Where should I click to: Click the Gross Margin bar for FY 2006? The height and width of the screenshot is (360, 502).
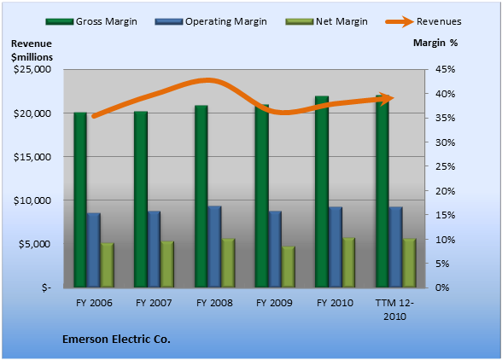(80, 200)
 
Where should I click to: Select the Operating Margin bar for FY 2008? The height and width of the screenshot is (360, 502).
(214, 247)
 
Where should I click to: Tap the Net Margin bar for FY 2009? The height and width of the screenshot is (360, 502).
(289, 266)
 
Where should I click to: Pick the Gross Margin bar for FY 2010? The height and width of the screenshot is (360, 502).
(322, 191)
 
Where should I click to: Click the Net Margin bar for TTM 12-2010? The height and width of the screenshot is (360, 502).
(409, 263)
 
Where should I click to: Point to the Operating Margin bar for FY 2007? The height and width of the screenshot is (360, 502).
(154, 249)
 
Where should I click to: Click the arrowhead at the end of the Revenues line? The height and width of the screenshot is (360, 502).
(388, 98)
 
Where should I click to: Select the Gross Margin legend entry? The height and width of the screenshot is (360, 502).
(91, 21)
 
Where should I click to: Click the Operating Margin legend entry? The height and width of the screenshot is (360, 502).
(211, 21)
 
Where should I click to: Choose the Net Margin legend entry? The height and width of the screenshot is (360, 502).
(326, 21)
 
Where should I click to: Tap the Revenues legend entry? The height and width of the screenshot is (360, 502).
(423, 21)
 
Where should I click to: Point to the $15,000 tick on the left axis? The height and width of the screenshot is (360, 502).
(32, 157)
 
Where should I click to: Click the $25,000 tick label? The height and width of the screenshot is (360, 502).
(32, 69)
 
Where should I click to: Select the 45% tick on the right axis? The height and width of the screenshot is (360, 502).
(446, 69)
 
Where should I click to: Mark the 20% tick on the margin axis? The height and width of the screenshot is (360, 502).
(446, 191)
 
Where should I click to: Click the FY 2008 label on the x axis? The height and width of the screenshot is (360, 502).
(214, 303)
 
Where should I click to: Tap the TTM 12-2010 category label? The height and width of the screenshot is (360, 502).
(394, 310)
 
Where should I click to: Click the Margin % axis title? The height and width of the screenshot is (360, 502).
(435, 43)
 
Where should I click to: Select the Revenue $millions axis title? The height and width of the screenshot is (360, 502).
(32, 50)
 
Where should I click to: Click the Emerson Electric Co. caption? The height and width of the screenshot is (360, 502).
(116, 340)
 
